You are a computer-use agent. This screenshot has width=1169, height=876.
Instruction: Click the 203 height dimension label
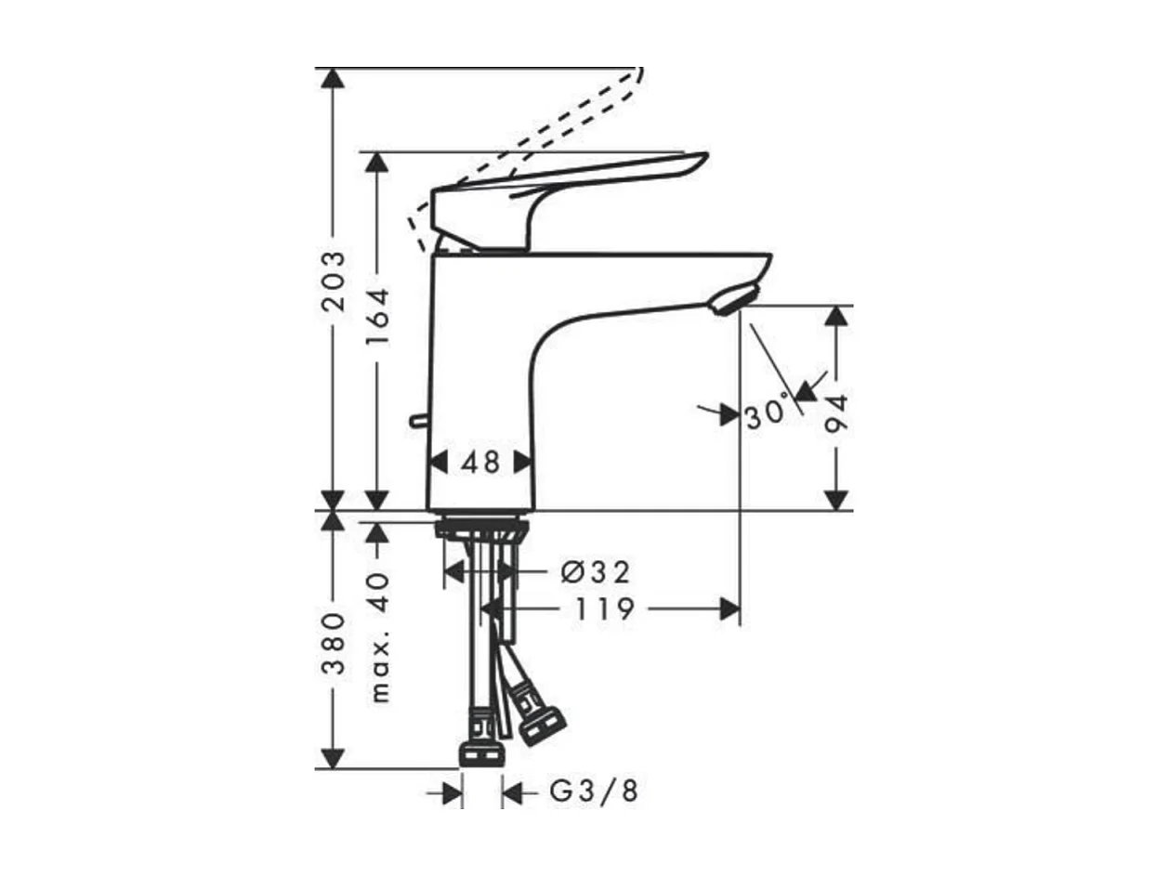333,281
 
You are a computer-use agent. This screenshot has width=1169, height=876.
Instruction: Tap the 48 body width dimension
480,462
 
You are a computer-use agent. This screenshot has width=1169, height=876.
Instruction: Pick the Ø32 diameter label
596,571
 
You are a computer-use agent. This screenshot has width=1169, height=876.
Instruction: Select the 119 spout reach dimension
604,609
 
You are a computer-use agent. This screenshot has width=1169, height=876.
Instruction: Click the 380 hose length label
333,642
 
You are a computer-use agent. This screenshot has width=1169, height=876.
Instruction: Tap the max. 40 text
378,636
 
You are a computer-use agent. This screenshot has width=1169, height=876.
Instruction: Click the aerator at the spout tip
734,300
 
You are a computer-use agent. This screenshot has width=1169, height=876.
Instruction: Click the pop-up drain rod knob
417,422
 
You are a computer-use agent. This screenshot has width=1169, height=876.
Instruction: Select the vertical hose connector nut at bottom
481,752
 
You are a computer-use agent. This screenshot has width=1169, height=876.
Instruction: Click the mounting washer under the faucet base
481,530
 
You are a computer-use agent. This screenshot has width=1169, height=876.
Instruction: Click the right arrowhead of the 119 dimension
731,608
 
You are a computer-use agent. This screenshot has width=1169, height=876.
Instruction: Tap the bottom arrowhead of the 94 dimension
837,500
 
